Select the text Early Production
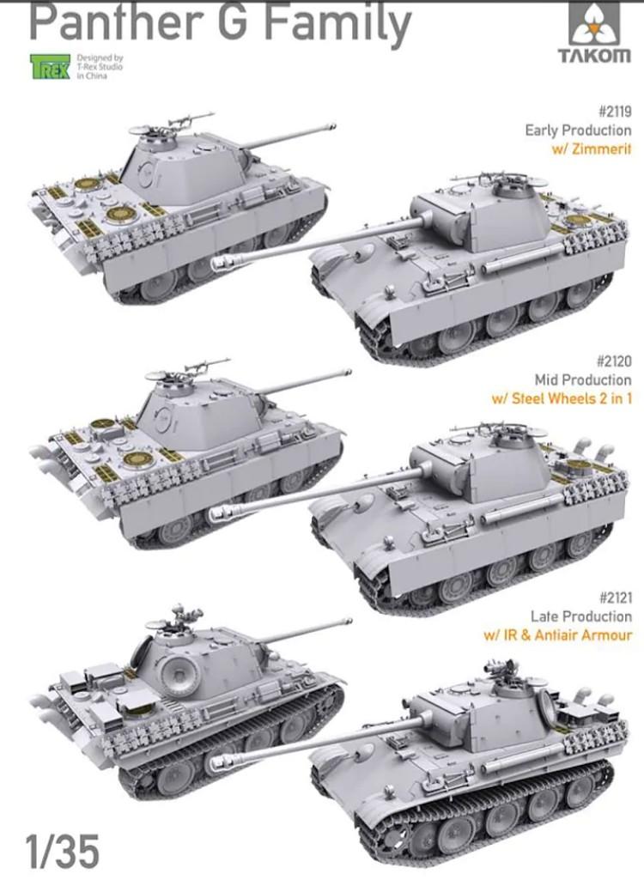[578, 130]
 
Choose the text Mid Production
[583, 379]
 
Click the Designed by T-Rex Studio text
[99, 65]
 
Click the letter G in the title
[234, 22]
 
